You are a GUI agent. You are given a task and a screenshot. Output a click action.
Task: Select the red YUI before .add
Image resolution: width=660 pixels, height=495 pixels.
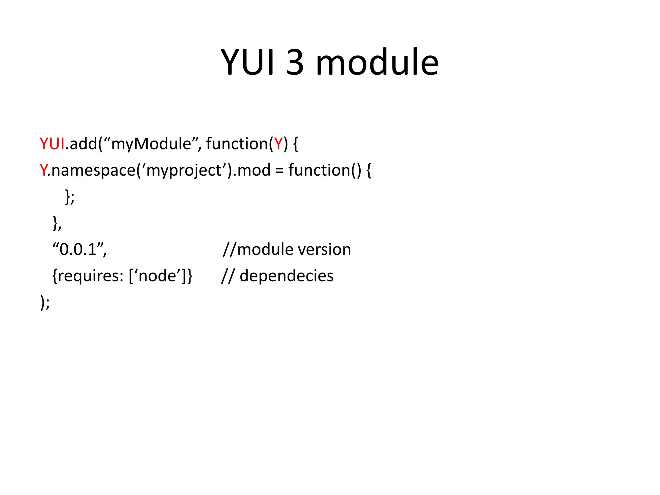[52, 144]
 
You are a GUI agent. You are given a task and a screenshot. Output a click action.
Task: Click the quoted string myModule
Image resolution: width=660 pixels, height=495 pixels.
[151, 144]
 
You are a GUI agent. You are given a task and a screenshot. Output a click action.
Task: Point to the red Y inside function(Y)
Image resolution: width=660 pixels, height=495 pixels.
[278, 144]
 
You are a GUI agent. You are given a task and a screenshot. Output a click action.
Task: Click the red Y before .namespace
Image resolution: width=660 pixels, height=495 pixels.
[43, 170]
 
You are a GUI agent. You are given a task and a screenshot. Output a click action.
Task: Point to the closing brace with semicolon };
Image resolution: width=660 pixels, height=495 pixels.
[70, 197]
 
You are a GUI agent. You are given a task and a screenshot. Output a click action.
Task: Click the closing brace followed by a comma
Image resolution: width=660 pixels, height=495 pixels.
[57, 223]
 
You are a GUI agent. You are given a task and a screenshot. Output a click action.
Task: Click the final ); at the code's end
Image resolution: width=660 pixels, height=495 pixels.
[45, 302]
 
